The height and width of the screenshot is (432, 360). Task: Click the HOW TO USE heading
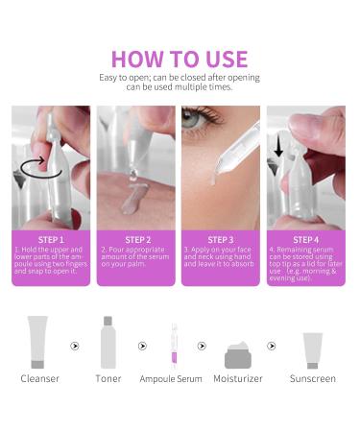180,59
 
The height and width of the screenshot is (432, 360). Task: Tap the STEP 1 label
50,239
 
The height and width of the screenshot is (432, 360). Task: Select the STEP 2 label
137,239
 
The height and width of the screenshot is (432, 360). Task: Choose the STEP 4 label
305,239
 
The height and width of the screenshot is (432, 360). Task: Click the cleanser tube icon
37,342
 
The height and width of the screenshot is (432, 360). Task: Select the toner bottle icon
108,342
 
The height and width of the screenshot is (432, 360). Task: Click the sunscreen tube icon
313,349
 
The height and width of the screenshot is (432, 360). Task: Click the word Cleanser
39,378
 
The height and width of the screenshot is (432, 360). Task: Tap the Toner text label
108,378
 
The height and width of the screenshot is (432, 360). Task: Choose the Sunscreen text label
313,378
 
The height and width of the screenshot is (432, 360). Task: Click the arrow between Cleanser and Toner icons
75,346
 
